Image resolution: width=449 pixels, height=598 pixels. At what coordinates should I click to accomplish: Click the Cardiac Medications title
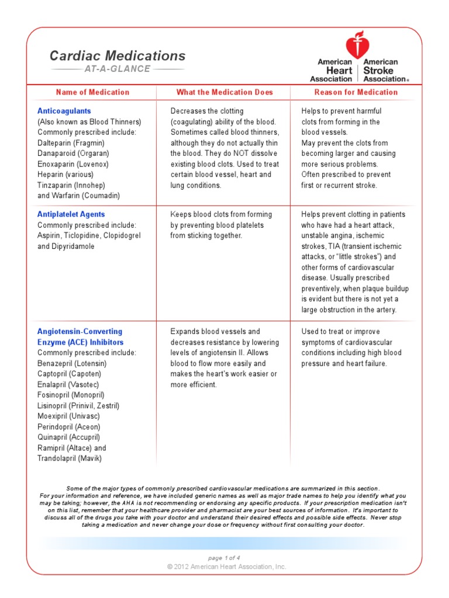point(118,56)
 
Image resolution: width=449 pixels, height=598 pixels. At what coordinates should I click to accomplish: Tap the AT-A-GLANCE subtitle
point(118,69)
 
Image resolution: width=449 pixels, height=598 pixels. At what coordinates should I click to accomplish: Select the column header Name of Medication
point(92,92)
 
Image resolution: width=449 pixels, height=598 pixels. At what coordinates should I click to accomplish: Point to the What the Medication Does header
point(224,92)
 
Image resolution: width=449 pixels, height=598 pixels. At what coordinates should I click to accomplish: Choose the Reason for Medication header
point(355,92)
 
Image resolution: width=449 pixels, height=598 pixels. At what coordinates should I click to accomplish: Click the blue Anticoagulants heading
point(64,111)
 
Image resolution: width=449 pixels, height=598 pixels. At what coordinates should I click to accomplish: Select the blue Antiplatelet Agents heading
point(71,215)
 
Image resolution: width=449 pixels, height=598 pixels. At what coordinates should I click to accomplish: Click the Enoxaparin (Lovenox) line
point(73,164)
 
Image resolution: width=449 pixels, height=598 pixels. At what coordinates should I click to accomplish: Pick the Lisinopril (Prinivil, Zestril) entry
point(79,406)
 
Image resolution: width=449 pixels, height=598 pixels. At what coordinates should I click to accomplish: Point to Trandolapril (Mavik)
point(70,458)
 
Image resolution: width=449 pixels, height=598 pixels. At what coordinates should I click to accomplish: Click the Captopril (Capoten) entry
point(69,374)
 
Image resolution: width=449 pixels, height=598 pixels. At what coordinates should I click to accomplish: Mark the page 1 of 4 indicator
point(224,558)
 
